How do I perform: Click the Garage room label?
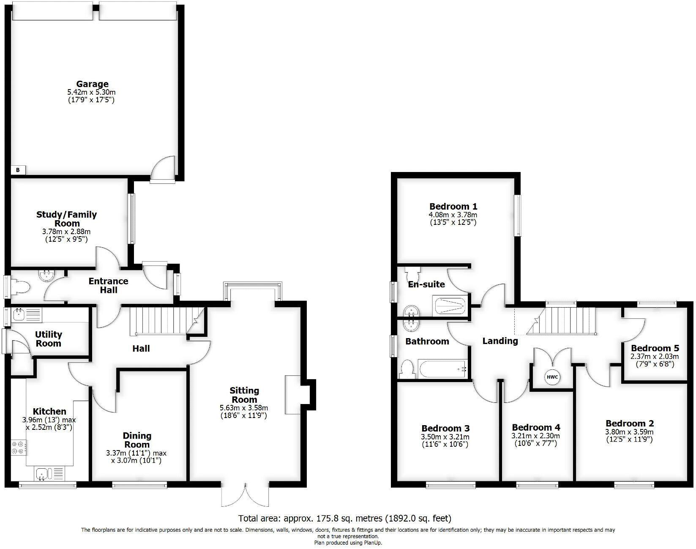[x=92, y=84]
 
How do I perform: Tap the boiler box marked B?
[x=18, y=170]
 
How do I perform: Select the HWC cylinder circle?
[x=552, y=377]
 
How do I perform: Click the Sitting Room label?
[x=244, y=395]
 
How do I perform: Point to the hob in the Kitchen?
[x=19, y=448]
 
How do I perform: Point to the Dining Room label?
[x=137, y=440]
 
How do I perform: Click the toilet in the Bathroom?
[x=407, y=369]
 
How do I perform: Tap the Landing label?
[x=500, y=341]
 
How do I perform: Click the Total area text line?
[x=344, y=518]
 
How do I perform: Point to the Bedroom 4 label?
[x=536, y=427]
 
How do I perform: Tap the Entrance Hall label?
[x=108, y=286]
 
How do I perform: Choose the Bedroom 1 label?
[x=453, y=206]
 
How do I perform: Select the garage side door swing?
[x=163, y=169]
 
